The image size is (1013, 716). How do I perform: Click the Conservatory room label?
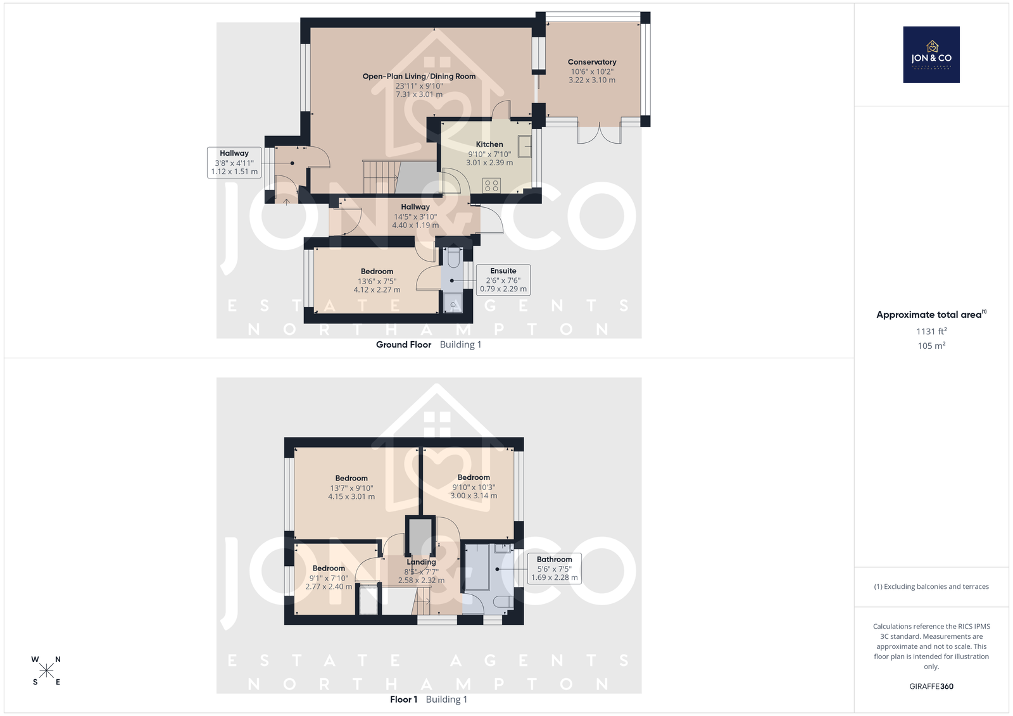pyautogui.click(x=592, y=62)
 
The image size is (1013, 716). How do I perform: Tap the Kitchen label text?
pyautogui.click(x=489, y=144)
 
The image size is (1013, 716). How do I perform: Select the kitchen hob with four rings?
pyautogui.click(x=491, y=185)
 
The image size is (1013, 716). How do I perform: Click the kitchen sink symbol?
pyautogui.click(x=525, y=146)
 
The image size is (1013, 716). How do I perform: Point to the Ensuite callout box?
pyautogui.click(x=503, y=280)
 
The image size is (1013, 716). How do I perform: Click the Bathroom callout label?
pyautogui.click(x=555, y=568)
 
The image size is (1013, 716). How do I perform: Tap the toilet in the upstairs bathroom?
pyautogui.click(x=503, y=601)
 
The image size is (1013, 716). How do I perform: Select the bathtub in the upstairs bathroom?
pyautogui.click(x=477, y=567)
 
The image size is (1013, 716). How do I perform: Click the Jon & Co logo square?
pyautogui.click(x=931, y=54)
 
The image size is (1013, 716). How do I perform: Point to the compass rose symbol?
pyautogui.click(x=46, y=670)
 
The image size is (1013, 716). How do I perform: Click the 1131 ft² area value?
pyautogui.click(x=931, y=331)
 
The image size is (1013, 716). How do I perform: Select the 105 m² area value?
pyautogui.click(x=931, y=346)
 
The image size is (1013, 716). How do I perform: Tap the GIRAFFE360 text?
pyautogui.click(x=931, y=686)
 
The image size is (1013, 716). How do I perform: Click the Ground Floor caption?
pyautogui.click(x=403, y=344)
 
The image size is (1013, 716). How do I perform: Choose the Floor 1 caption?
pyautogui.click(x=403, y=700)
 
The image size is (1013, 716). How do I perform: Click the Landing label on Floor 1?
pyautogui.click(x=421, y=562)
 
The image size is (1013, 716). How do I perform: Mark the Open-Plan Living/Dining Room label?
pyautogui.click(x=418, y=77)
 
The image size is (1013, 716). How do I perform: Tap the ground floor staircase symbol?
pyautogui.click(x=381, y=177)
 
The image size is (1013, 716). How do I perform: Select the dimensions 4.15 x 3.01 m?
pyautogui.click(x=351, y=496)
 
